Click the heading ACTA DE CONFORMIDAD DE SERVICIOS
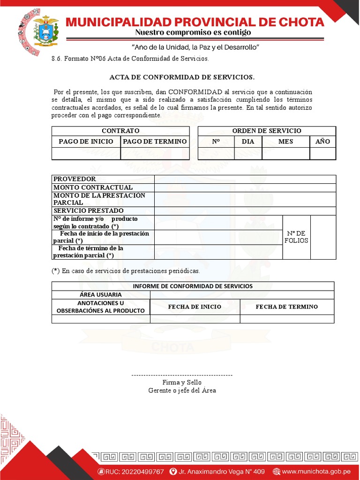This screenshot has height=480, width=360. [182, 77]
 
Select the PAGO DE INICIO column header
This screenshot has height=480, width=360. [86, 142]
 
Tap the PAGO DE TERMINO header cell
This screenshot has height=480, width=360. [155, 142]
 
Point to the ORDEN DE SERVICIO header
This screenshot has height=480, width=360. [267, 131]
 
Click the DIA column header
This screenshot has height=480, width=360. [248, 142]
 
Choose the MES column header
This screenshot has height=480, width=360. [285, 142]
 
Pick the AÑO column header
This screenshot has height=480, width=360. [322, 142]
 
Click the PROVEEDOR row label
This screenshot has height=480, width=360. [75, 179]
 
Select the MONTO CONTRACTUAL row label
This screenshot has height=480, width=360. [93, 187]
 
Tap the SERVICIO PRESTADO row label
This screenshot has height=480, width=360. [88, 211]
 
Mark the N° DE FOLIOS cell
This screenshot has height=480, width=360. [296, 237]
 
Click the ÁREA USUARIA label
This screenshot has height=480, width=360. [101, 295]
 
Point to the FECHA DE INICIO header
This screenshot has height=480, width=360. [195, 307]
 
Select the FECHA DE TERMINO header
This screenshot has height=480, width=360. [286, 307]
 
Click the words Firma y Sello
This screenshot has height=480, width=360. [182, 382]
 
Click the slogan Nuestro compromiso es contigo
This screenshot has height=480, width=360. [193, 33]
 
